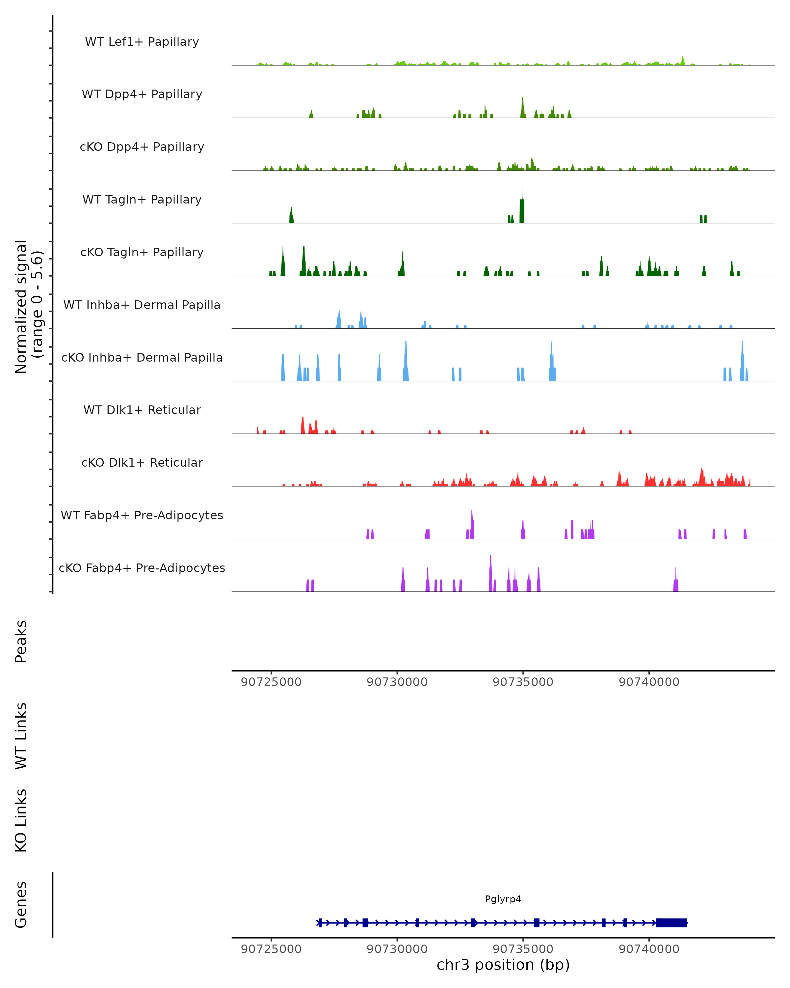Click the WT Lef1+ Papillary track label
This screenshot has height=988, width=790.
click(x=142, y=42)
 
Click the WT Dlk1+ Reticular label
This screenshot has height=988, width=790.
click(x=142, y=410)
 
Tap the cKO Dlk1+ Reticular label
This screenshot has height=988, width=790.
click(x=142, y=462)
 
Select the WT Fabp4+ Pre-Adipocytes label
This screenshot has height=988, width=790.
click(x=142, y=515)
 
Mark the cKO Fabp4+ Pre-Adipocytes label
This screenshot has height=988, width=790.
click(x=142, y=568)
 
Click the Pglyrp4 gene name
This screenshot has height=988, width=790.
click(x=503, y=899)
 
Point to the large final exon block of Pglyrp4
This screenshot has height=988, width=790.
click(x=671, y=922)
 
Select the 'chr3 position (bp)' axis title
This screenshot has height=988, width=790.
click(x=503, y=965)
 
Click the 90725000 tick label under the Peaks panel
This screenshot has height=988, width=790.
click(x=271, y=682)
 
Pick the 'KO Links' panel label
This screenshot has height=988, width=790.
click(x=21, y=820)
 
